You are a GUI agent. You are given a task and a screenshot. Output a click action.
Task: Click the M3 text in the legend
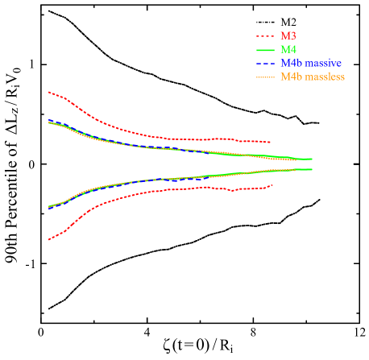click(x=288, y=36)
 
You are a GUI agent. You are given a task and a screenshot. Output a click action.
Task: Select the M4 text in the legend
click(x=288, y=50)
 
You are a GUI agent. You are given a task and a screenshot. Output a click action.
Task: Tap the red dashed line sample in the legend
click(x=266, y=36)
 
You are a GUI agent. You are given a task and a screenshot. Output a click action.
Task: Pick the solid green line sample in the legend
click(x=266, y=50)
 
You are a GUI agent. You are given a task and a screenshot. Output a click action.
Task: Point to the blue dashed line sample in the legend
click(x=266, y=64)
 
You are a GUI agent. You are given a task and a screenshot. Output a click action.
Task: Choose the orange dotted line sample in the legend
click(x=266, y=77)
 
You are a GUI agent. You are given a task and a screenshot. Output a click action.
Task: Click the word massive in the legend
click(x=324, y=64)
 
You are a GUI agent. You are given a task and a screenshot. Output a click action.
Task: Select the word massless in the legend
click(x=325, y=77)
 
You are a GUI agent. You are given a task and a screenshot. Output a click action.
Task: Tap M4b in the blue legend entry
click(x=291, y=64)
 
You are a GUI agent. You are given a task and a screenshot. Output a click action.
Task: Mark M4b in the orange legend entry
click(x=291, y=77)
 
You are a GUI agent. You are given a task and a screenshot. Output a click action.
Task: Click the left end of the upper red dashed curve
click(x=49, y=92)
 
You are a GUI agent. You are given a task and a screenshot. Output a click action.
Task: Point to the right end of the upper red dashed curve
click(x=270, y=143)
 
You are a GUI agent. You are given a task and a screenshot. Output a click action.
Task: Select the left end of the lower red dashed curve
click(x=49, y=239)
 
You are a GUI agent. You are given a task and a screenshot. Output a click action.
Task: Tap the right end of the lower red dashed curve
click(x=273, y=185)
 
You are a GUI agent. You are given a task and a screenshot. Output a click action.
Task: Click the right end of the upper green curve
click(x=312, y=159)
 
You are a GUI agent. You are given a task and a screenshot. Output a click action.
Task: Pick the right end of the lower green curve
click(x=312, y=169)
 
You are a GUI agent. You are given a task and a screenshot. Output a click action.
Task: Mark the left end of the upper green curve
click(x=49, y=122)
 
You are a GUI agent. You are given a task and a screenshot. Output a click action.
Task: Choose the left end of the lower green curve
click(x=49, y=208)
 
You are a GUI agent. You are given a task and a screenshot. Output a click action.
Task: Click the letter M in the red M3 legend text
click(x=284, y=36)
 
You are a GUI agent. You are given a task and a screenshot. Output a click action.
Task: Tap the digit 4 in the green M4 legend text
click(x=292, y=50)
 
